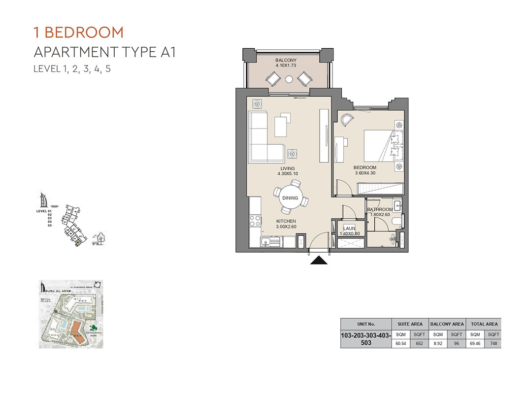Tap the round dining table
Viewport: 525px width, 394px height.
[x=290, y=197]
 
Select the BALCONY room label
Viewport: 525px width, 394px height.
[x=286, y=61]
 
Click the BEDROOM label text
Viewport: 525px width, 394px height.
[x=365, y=167]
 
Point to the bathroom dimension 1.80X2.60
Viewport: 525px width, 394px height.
[x=380, y=215]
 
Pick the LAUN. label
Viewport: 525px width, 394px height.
[x=350, y=229]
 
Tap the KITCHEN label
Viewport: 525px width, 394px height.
[x=286, y=222]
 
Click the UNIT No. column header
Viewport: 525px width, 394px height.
[x=365, y=324]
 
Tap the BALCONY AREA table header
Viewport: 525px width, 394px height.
[x=447, y=324]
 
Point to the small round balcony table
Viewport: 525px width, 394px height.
[x=289, y=79]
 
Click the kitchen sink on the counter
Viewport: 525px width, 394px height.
[x=265, y=242]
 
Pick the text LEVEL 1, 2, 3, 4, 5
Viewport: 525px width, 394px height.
[x=72, y=69]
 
